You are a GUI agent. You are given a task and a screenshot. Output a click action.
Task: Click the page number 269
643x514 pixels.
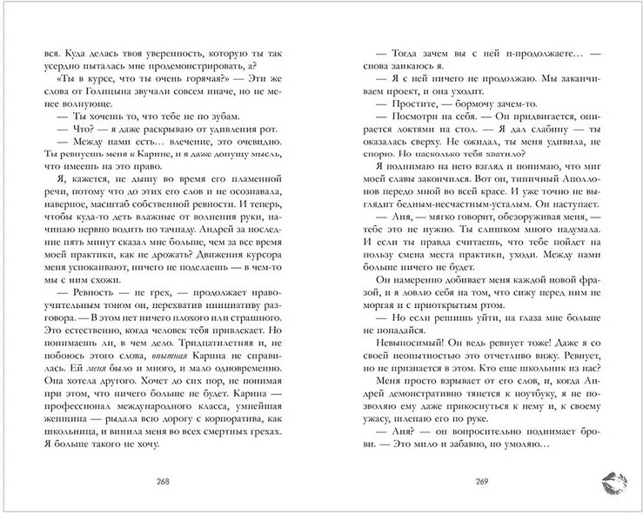pos(473,481)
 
